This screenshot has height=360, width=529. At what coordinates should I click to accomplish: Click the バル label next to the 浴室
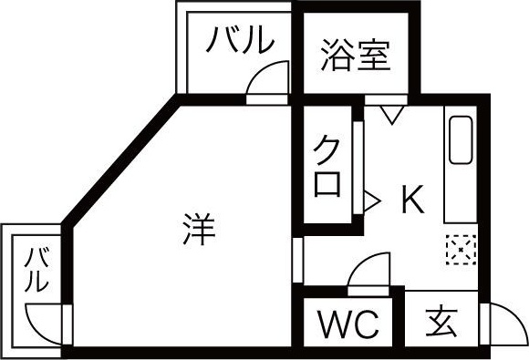tap(239, 40)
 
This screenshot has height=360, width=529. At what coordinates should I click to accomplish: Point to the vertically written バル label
tap(36, 270)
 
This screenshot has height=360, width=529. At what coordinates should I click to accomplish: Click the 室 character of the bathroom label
tap(374, 56)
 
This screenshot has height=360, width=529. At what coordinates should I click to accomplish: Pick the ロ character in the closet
tap(328, 184)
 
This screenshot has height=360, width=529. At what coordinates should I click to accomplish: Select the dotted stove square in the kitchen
tap(461, 247)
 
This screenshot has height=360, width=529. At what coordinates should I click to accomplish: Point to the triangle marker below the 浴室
tap(392, 115)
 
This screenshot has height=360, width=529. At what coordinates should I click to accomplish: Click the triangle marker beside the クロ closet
tap(371, 198)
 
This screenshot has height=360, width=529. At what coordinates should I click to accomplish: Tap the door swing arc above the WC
tap(369, 271)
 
